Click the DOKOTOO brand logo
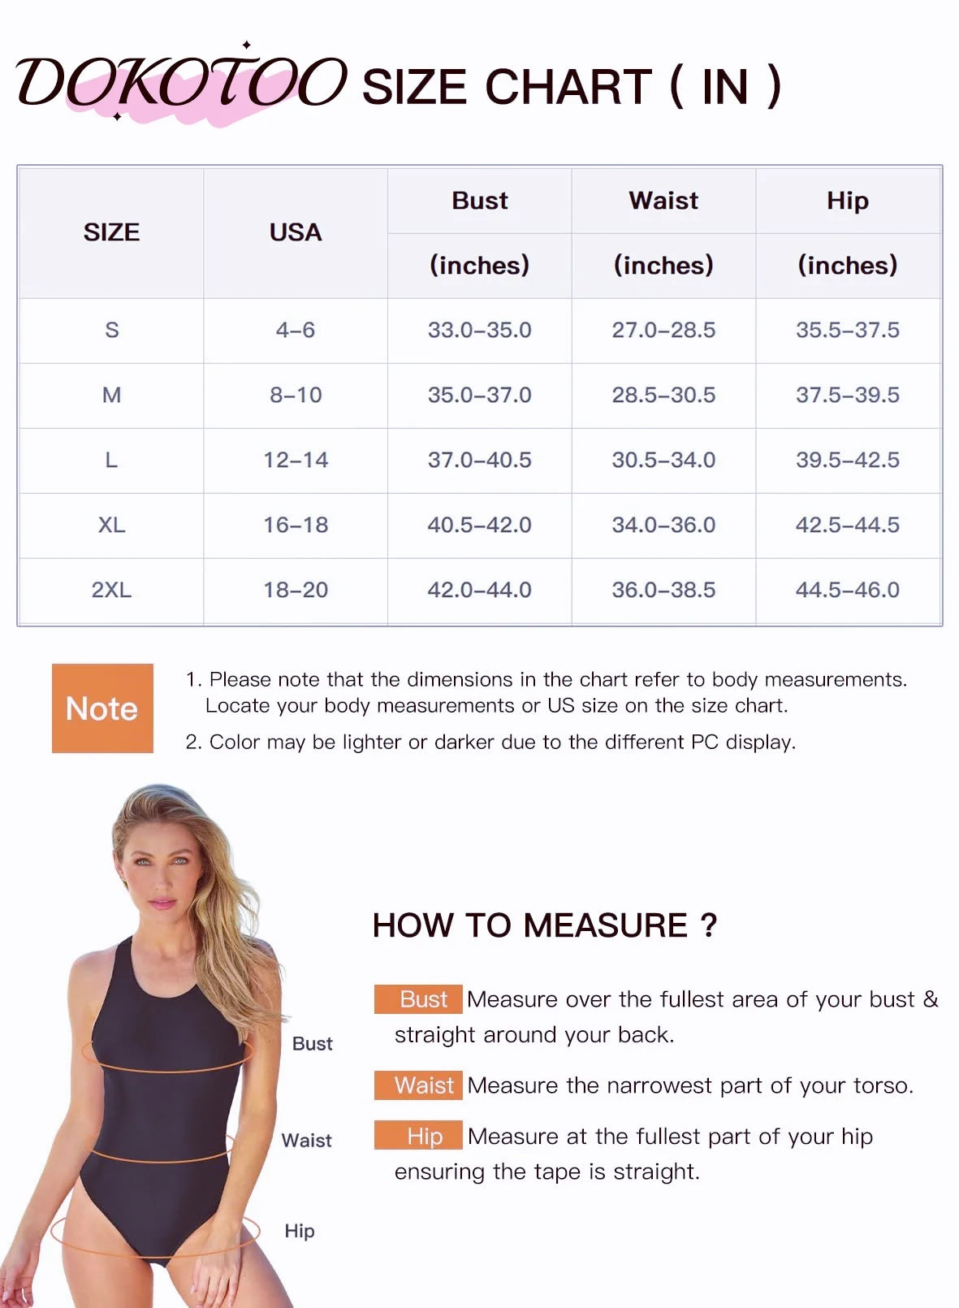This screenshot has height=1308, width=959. [x=180, y=83]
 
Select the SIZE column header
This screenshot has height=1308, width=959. [x=111, y=232]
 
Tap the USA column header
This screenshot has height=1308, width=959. [x=296, y=232]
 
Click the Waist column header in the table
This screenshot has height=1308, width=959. [x=663, y=201]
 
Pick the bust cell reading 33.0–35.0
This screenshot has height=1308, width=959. [x=479, y=330]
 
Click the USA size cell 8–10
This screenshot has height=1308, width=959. [x=296, y=395]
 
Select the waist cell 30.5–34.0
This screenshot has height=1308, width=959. [x=663, y=460]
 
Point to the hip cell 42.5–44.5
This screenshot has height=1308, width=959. [x=847, y=525]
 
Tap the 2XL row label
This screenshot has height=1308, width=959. [x=111, y=590]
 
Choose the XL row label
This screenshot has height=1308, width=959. [x=111, y=525]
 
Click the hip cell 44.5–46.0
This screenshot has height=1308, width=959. [x=847, y=590]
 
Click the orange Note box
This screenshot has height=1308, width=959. [x=102, y=708]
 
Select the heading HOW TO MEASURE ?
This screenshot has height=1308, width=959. [x=544, y=925]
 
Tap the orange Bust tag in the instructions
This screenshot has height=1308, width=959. [x=418, y=999]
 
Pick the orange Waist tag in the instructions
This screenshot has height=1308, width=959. [x=418, y=1085]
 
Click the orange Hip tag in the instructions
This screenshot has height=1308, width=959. [x=418, y=1136]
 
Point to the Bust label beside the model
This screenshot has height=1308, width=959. [x=312, y=1044]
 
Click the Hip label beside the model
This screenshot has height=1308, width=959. [x=299, y=1231]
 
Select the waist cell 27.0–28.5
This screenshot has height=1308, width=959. [x=663, y=330]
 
